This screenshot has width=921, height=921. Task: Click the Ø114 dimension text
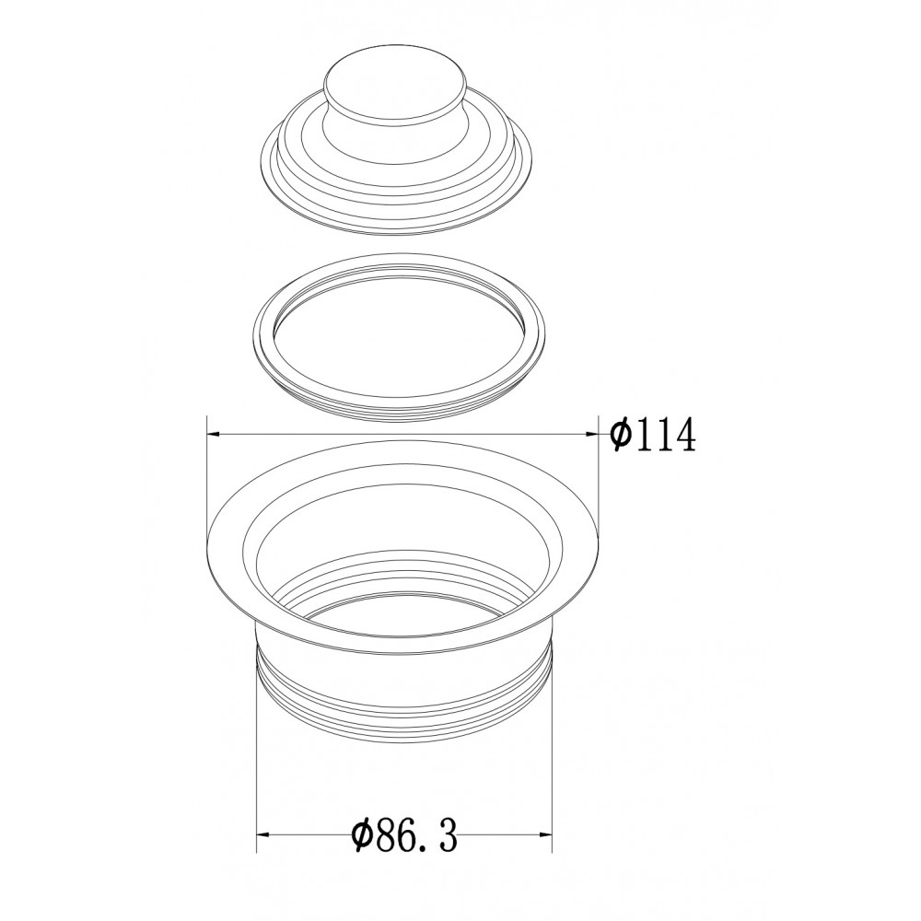point(652,435)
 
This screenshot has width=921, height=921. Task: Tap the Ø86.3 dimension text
point(403,836)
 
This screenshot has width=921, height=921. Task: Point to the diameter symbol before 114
point(620,435)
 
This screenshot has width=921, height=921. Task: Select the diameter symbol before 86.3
point(362,836)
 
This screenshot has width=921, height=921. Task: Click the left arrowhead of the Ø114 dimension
point(214,434)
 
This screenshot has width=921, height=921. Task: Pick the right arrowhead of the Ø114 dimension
point(591,434)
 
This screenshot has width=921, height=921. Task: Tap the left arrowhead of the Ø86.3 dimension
point(263,834)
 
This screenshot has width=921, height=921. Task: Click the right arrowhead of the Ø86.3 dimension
point(545,834)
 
